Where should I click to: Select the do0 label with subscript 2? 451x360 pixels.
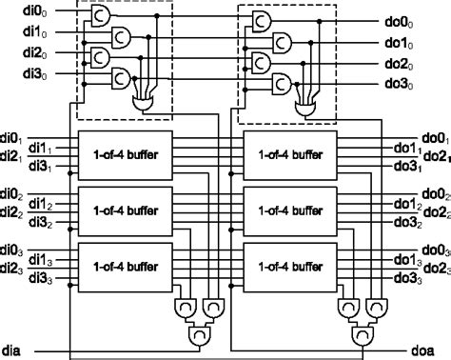click(x=434, y=194)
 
